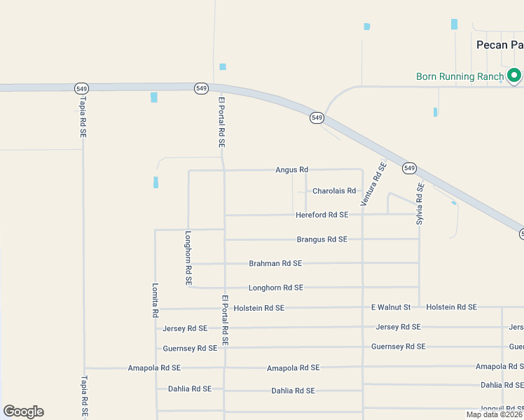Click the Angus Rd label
pyautogui.click(x=291, y=169)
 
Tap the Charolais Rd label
pyautogui.click(x=334, y=190)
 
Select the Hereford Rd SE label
pyautogui.click(x=322, y=215)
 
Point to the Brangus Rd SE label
pyautogui.click(x=322, y=239)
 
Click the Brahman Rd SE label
pyautogui.click(x=275, y=263)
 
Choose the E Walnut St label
pyautogui.click(x=390, y=307)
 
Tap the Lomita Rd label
pyautogui.click(x=156, y=300)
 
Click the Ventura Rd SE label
pyautogui.click(x=373, y=184)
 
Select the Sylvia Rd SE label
pyautogui.click(x=420, y=204)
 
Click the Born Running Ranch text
pyautogui.click(x=460, y=76)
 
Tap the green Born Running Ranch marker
pyautogui.click(x=514, y=74)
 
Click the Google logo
pyautogui.click(x=23, y=412)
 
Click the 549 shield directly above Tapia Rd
pyautogui.click(x=81, y=87)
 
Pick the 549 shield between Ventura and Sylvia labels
pyautogui.click(x=409, y=168)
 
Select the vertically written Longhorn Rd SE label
pyautogui.click(x=188, y=258)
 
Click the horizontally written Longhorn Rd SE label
pyautogui.click(x=276, y=288)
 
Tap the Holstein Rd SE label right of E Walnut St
pyautogui.click(x=451, y=307)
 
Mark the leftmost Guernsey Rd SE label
pyautogui.click(x=190, y=348)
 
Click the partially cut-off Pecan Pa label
pyautogui.click(x=499, y=44)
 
